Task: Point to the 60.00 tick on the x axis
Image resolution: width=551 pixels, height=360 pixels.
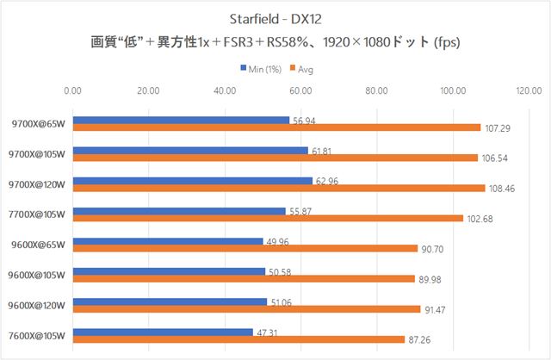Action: [300, 89]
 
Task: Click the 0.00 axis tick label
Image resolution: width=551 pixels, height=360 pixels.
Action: [73, 89]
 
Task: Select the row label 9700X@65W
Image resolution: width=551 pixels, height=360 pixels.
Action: [40, 124]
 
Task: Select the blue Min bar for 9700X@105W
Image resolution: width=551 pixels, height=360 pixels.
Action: [190, 150]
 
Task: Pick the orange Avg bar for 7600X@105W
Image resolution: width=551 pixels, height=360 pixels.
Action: [238, 338]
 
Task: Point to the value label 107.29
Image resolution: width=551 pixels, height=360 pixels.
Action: [498, 128]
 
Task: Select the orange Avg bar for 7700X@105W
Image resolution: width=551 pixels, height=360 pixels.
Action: [268, 218]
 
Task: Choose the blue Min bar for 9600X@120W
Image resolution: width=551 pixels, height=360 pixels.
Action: [170, 301]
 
